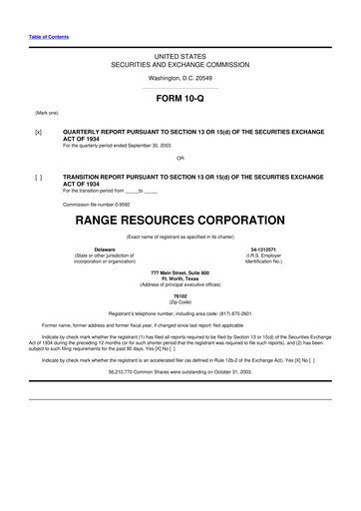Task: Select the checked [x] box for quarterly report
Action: [x=37, y=131]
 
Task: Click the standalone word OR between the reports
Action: [x=180, y=158]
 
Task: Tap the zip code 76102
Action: [x=180, y=296]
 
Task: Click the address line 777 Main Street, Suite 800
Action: [x=180, y=272]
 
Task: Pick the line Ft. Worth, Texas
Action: [x=180, y=278]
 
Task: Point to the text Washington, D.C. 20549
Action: [x=180, y=77]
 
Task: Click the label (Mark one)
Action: [x=46, y=114]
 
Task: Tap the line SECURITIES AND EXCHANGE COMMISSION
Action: [x=180, y=63]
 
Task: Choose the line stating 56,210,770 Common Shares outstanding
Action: [x=180, y=369]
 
